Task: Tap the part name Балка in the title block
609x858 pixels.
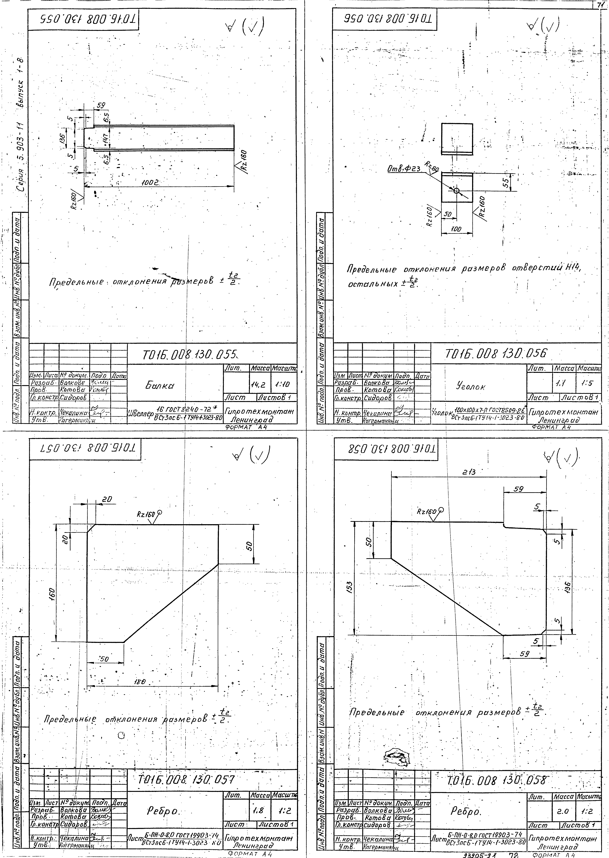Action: (x=160, y=386)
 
